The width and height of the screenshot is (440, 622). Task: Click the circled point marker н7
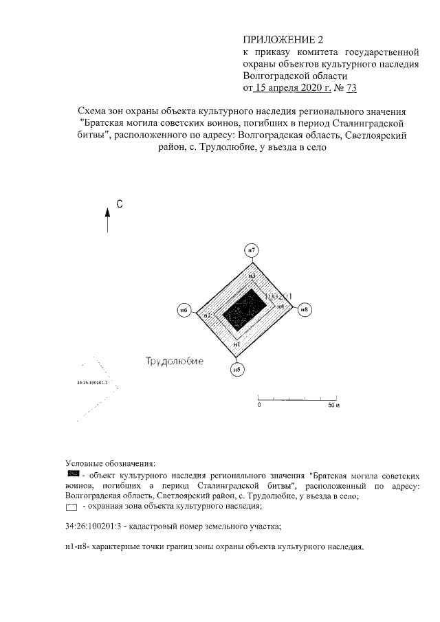252,250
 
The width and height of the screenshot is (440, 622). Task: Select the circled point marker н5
236,369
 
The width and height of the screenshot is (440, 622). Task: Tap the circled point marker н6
184,311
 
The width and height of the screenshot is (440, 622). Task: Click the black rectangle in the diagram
244,310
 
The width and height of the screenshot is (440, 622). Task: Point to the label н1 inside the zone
236,343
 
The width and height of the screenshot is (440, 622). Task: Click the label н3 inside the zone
252,276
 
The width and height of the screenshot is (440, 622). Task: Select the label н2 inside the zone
206,315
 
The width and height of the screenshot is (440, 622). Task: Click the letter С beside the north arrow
119,204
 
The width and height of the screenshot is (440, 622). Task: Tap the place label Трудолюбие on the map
173,361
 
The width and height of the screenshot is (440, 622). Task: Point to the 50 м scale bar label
334,406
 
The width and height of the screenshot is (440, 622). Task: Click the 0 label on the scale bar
259,406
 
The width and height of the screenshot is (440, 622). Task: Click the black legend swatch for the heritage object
73,474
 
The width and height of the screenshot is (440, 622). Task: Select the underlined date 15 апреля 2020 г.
291,88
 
